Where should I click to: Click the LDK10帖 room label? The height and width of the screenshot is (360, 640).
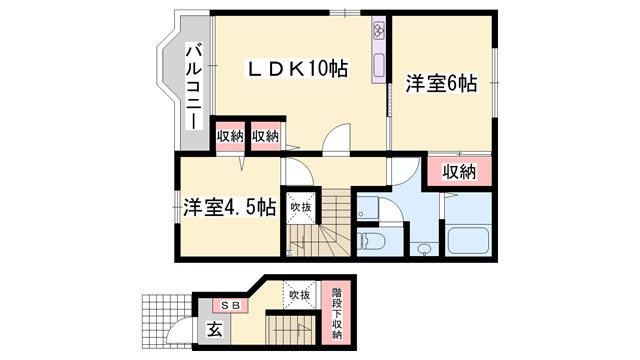pyautogui.click(x=297, y=70)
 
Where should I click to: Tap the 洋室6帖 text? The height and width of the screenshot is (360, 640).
pyautogui.click(x=442, y=84)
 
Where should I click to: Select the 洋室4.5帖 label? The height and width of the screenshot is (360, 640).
pyautogui.click(x=230, y=208)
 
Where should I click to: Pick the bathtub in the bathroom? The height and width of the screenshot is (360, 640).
pyautogui.click(x=467, y=240)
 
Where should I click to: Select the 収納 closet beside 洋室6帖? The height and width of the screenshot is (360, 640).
pyautogui.click(x=458, y=172)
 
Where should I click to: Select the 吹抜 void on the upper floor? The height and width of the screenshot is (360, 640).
pyautogui.click(x=300, y=207)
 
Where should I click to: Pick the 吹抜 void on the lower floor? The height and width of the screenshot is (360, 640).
pyautogui.click(x=300, y=296)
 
